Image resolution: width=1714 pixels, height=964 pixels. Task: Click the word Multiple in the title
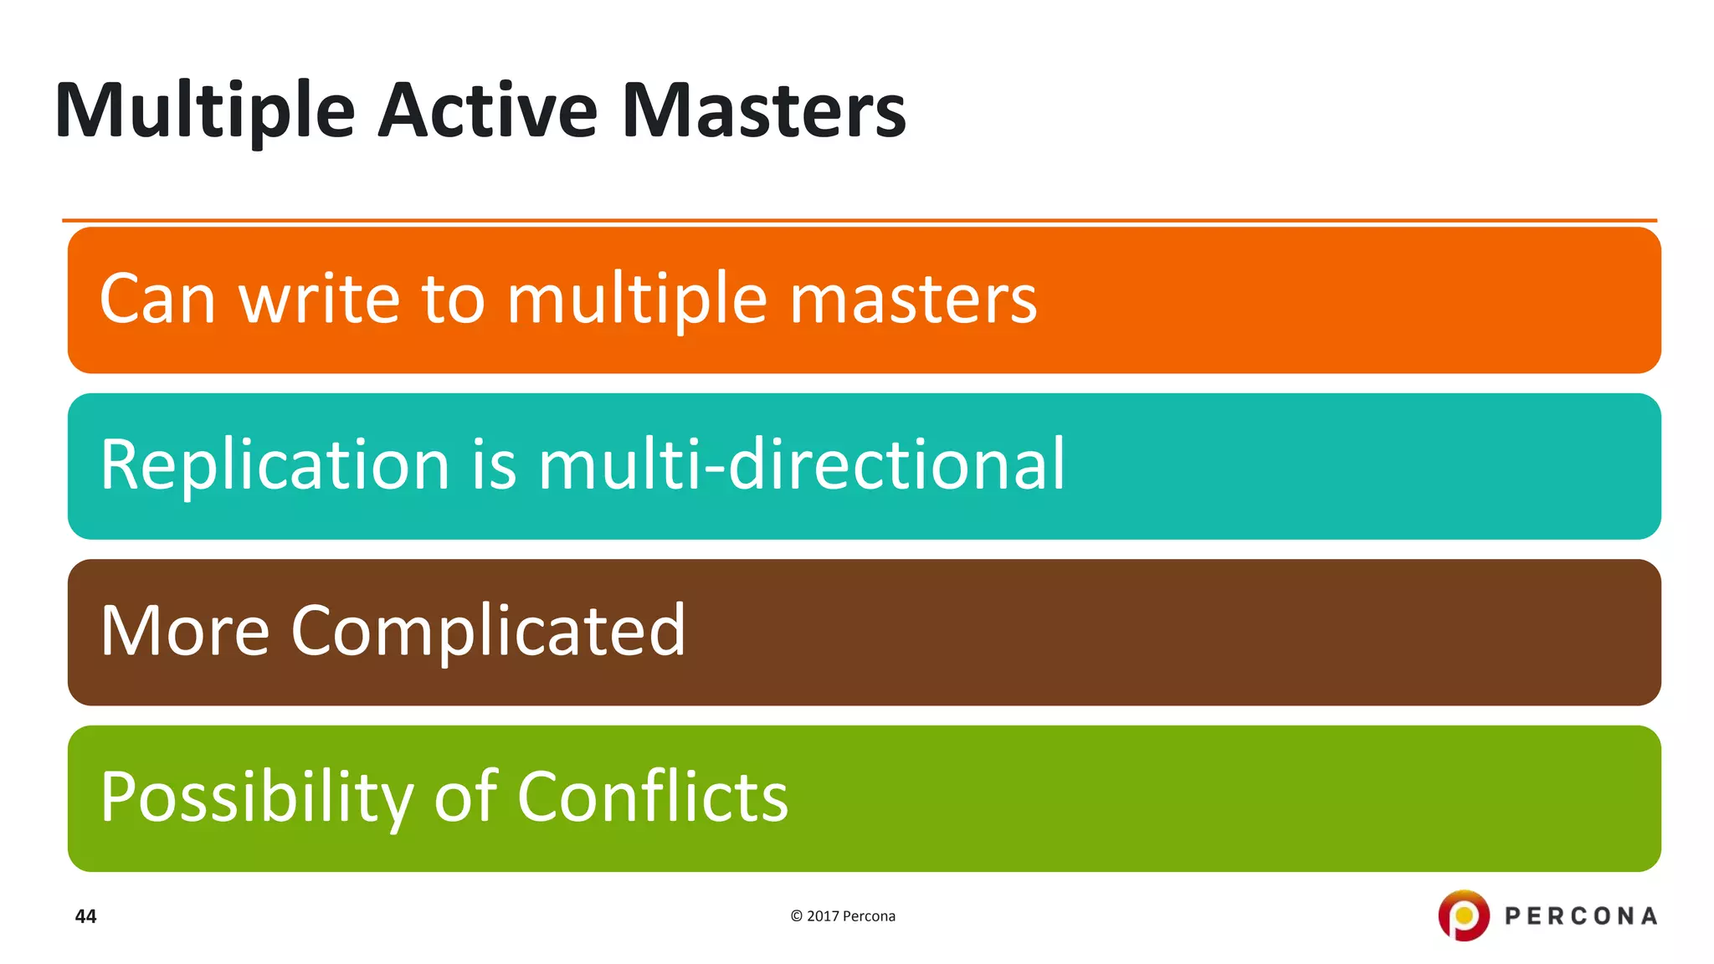tap(205, 111)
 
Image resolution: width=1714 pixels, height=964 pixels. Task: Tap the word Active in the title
tap(488, 111)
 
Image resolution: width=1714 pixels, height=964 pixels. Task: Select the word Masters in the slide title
tap(763, 111)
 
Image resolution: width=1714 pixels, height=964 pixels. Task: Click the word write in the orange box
tap(320, 299)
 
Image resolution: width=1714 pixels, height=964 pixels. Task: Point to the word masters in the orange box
tap(913, 299)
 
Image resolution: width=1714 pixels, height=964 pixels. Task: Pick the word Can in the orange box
tap(157, 299)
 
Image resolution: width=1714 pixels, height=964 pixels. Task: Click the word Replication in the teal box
tap(275, 464)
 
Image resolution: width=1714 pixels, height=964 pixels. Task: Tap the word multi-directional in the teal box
tap(802, 464)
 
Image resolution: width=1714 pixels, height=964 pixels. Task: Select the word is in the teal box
tap(494, 464)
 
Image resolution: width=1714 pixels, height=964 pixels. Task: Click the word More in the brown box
tap(185, 630)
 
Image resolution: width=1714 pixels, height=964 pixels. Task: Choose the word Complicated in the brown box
tap(488, 632)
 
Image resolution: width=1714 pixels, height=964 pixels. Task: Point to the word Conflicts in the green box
tap(653, 796)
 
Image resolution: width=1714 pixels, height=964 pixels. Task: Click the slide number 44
tap(86, 916)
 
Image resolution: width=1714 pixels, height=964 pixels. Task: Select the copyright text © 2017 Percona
tap(843, 916)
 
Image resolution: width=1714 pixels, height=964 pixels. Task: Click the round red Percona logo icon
tap(1463, 915)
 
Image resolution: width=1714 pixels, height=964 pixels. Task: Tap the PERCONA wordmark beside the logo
tap(1581, 916)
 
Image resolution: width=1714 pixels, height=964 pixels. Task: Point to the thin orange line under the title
tap(859, 221)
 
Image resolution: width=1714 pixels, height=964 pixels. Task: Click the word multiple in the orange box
tap(637, 300)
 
